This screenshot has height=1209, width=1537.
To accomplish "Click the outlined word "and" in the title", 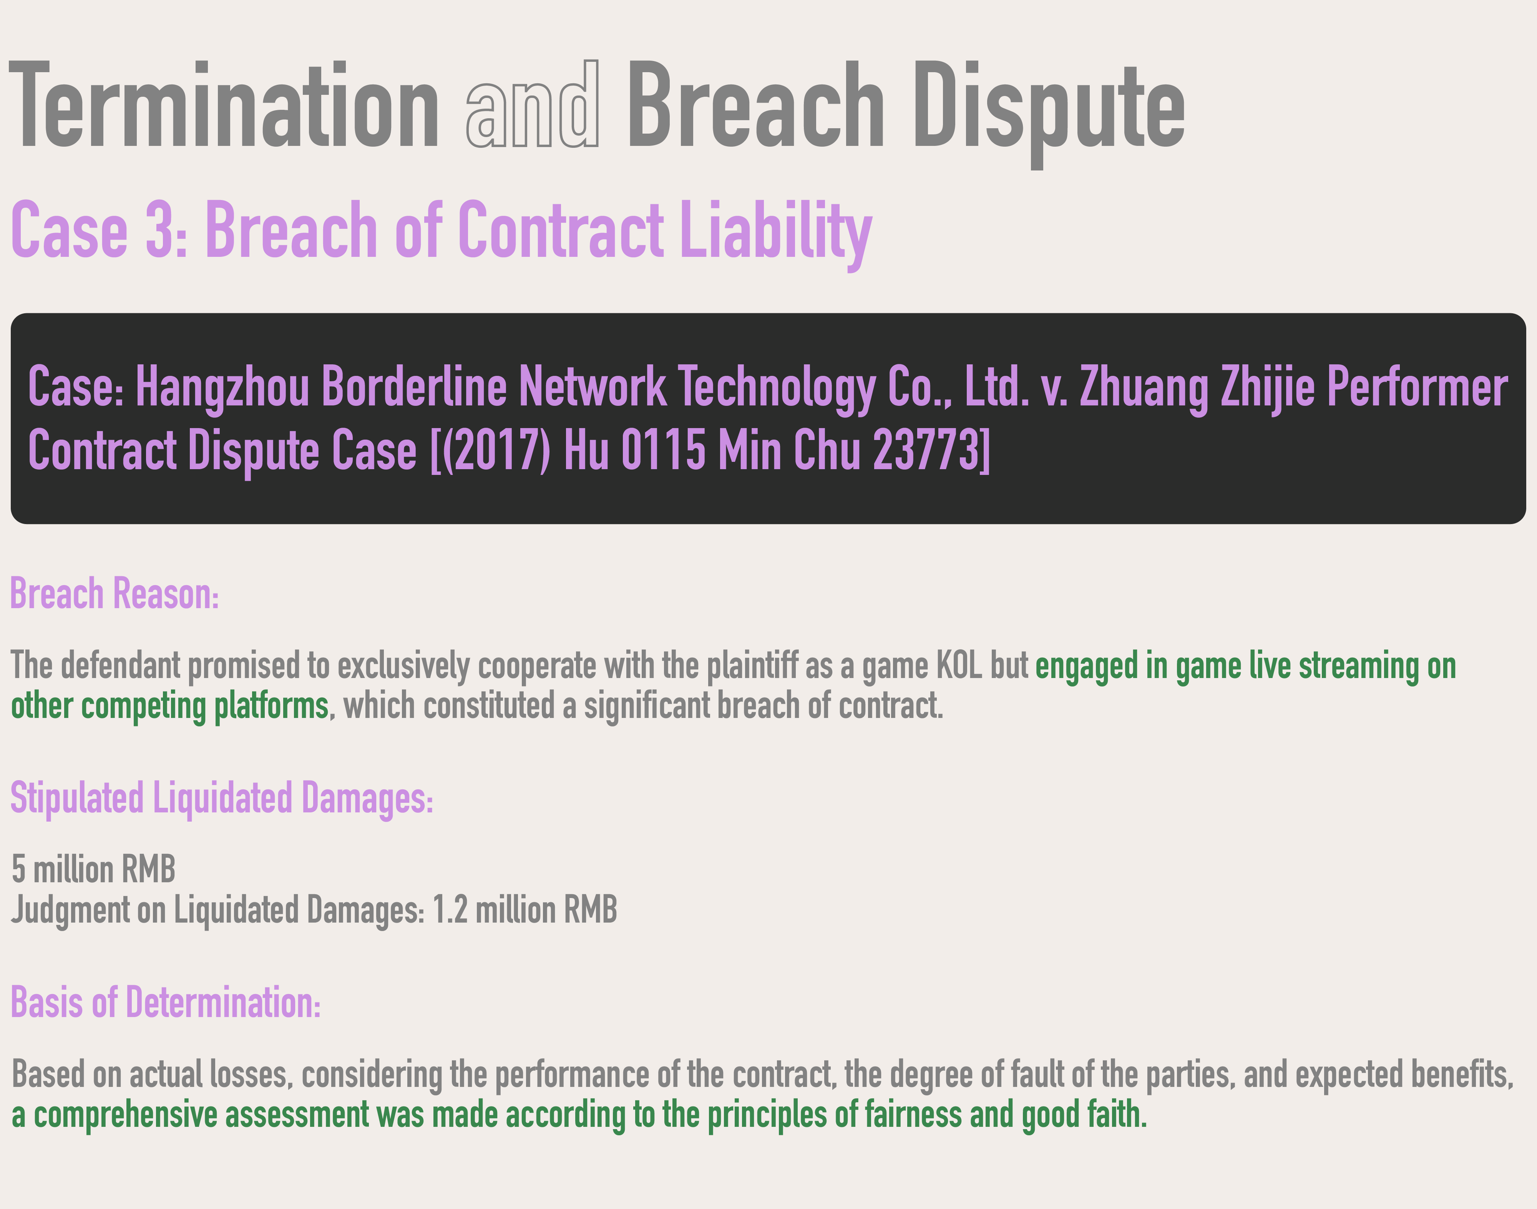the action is pyautogui.click(x=533, y=105).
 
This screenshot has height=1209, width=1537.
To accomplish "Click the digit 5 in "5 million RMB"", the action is pyautogui.click(x=18, y=869).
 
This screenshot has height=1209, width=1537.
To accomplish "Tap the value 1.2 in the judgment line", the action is pyautogui.click(x=450, y=910).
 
